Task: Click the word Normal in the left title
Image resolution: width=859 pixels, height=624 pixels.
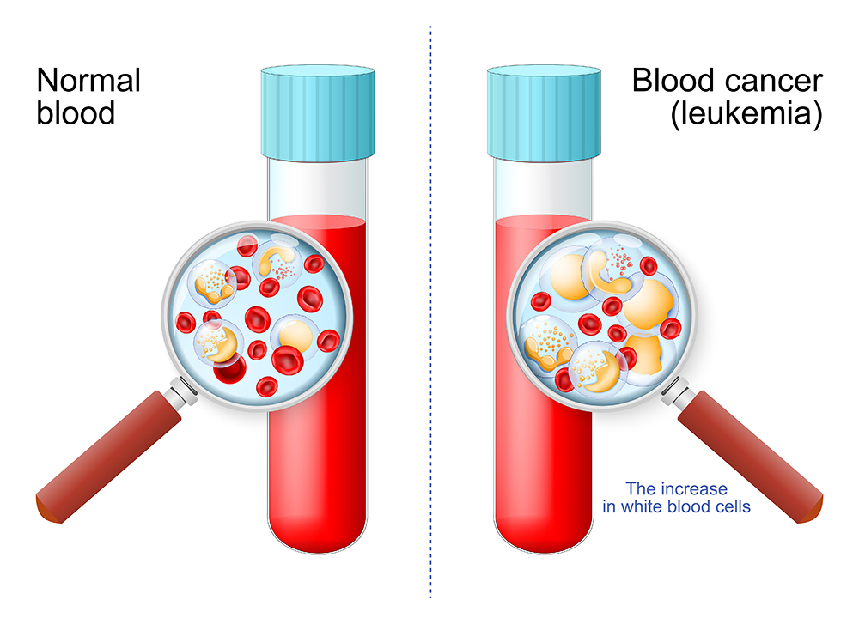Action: click(88, 82)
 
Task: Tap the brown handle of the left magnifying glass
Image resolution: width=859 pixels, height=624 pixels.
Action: click(103, 455)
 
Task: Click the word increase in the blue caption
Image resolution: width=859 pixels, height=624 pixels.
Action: click(699, 488)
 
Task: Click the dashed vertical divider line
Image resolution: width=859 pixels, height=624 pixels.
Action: click(430, 343)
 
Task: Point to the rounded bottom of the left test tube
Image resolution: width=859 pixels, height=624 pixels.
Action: click(318, 536)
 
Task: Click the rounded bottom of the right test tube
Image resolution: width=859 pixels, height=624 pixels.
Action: click(543, 536)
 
